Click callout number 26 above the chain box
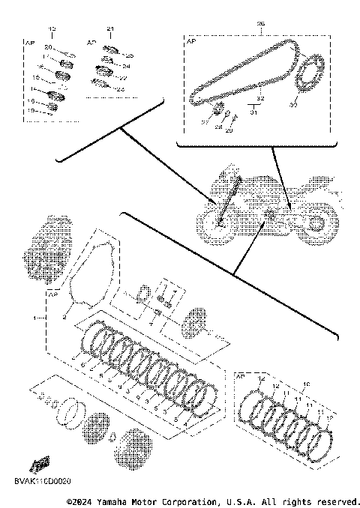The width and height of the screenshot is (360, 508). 260,24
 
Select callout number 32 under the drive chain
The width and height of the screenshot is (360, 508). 259,99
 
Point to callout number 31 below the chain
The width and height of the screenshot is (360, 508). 253,113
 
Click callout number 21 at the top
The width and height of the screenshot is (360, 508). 110,28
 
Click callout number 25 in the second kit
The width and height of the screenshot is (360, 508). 129,55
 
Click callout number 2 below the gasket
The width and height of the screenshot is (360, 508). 65,318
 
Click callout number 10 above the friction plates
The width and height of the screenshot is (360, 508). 304,384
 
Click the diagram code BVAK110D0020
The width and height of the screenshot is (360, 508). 44,478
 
